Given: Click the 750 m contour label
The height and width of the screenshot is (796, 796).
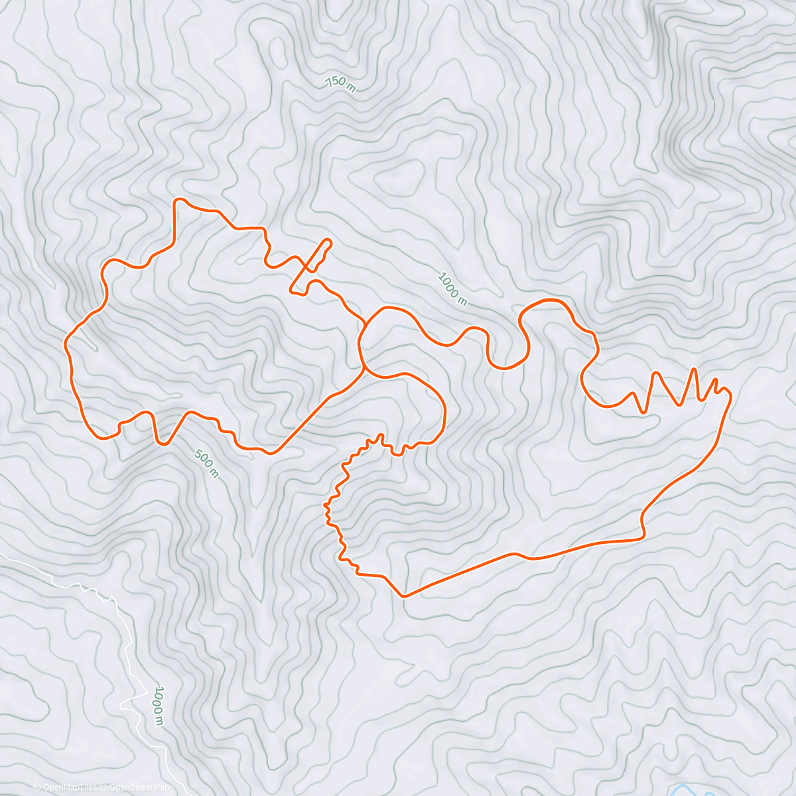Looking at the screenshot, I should coord(340,84).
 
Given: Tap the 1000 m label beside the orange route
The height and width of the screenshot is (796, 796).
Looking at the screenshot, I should coord(452,289).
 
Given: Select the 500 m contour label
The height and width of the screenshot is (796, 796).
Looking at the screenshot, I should coord(206,463).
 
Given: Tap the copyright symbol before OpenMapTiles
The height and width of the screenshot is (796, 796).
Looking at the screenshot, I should coord(37,788).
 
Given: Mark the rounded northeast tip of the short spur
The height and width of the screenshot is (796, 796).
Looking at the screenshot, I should coord(328,241).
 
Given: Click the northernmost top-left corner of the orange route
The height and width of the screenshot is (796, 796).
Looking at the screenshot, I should coord(176,200).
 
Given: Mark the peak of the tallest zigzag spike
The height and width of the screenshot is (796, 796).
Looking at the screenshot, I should coord(695,369).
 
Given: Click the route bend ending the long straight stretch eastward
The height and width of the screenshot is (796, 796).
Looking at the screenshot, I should coord(642,536).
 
